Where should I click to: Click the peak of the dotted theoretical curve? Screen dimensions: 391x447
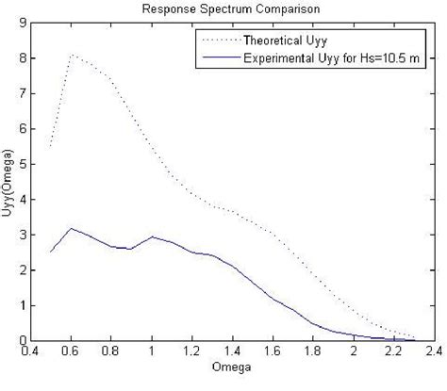coord(72,56)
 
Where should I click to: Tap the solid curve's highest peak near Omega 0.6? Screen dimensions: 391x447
coord(72,228)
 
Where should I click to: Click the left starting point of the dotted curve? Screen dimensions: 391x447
coord(51,146)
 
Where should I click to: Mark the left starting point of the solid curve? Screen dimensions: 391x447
coord(51,252)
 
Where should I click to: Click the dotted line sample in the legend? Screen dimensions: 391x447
coord(217,40)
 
